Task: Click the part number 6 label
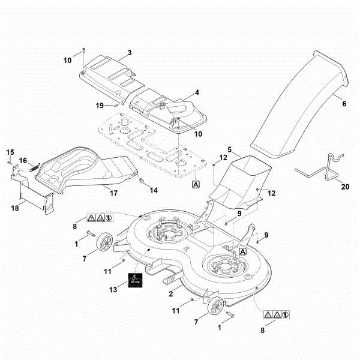click(344, 104)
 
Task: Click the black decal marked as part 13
click(136, 281)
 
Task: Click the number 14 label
click(154, 191)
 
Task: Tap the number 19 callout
click(100, 106)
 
